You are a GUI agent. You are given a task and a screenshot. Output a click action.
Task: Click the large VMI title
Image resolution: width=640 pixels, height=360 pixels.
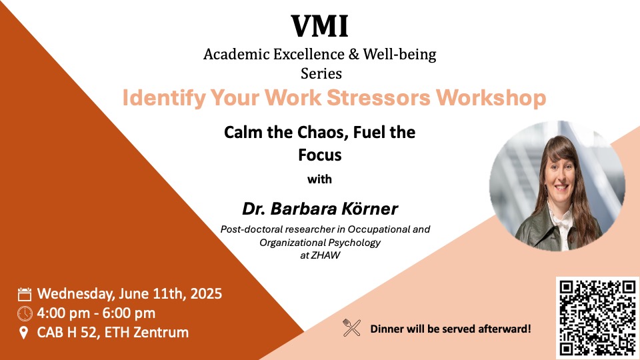pyautogui.click(x=319, y=26)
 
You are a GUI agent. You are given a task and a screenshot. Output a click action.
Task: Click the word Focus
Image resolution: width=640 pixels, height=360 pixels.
pyautogui.click(x=319, y=155)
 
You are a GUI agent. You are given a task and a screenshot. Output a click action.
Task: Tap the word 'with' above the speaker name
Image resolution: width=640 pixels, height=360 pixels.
pyautogui.click(x=319, y=179)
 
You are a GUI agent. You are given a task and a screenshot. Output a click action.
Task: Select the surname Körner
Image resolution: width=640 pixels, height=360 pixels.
pyautogui.click(x=370, y=209)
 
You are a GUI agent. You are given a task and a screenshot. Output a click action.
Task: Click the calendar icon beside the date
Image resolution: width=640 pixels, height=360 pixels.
pyautogui.click(x=25, y=294)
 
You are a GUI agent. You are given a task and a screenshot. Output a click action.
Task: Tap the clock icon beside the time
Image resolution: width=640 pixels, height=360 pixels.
pyautogui.click(x=25, y=313)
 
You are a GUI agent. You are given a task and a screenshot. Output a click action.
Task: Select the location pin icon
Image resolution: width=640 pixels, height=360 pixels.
pyautogui.click(x=25, y=332)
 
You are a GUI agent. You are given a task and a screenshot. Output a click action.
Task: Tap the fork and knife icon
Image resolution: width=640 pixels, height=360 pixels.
pyautogui.click(x=351, y=327)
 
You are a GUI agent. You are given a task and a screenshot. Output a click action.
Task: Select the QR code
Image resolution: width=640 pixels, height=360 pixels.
pyautogui.click(x=597, y=317)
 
